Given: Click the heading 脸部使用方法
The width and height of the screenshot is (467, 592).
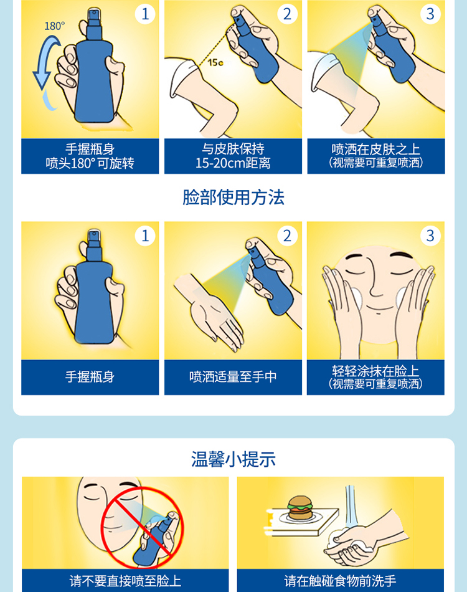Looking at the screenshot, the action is click(233, 198).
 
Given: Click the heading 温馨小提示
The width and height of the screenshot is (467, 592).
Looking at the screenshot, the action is click(233, 459).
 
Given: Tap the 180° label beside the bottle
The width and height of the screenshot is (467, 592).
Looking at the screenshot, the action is click(55, 26).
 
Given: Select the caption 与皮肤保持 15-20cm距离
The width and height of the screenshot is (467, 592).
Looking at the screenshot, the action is click(233, 156).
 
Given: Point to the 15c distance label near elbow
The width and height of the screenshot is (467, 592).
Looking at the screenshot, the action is click(215, 62).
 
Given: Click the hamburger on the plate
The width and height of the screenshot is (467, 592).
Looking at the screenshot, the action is click(300, 508).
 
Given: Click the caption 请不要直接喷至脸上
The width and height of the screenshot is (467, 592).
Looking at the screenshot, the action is click(125, 581).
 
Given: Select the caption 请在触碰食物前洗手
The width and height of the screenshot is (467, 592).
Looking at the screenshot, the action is click(340, 581).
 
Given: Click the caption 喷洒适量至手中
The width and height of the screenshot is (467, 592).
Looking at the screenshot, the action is click(233, 377).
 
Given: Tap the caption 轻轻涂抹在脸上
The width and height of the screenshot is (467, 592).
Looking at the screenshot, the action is click(375, 371).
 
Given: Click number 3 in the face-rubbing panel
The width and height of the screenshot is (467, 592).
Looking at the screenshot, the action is click(430, 236).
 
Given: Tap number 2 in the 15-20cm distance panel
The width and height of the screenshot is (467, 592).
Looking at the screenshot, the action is click(288, 14).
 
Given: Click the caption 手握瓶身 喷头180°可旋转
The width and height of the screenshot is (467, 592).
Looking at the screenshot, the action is click(90, 156).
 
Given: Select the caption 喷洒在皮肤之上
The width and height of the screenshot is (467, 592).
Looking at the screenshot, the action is click(375, 150).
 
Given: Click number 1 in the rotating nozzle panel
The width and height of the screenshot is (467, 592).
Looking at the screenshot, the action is click(145, 14).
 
